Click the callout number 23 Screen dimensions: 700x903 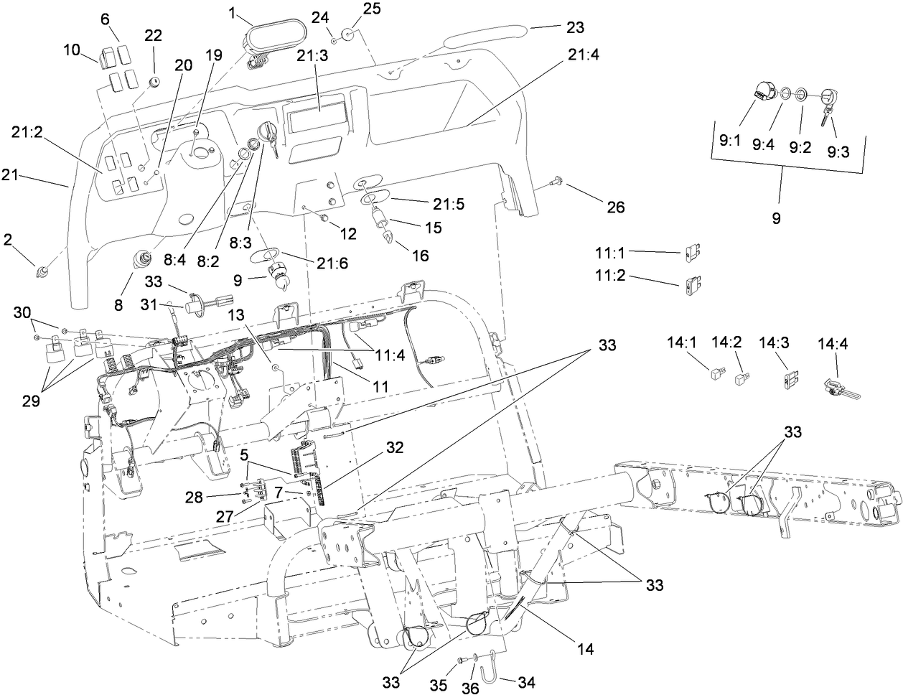pos(575,28)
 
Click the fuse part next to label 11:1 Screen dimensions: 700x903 pos(693,252)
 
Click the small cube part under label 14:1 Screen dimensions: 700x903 pos(716,373)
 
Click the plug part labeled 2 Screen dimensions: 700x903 pos(44,271)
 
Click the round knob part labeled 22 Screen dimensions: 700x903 pos(154,83)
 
